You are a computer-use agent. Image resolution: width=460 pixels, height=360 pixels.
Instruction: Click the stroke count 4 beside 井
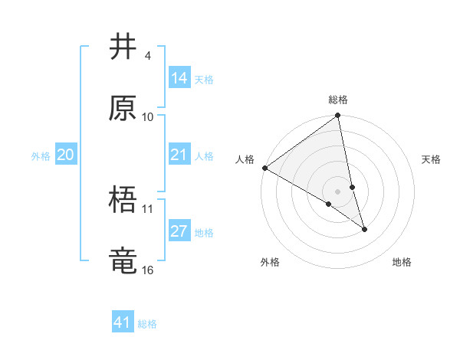[147, 56]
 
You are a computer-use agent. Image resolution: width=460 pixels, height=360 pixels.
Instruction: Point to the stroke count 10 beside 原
[148, 116]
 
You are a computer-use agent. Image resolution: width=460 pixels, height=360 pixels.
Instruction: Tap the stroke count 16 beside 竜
[148, 270]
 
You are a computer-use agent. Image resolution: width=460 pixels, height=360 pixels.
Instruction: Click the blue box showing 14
[179, 78]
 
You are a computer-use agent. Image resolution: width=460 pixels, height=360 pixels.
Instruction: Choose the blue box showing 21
[179, 155]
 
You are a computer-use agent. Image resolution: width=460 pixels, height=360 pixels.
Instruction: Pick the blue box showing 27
[179, 231]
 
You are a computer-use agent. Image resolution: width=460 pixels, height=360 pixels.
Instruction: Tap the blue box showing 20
[66, 155]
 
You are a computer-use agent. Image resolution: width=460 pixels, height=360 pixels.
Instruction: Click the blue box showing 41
[123, 322]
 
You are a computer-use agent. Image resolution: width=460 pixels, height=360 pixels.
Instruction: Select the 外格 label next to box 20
[41, 156]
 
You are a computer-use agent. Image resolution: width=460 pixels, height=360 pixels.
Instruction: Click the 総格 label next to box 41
[147, 324]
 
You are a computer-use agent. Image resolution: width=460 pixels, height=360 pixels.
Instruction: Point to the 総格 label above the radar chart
[338, 100]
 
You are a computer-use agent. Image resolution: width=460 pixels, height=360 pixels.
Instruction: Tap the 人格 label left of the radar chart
[245, 159]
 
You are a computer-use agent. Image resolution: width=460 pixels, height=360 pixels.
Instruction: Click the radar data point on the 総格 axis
[338, 116]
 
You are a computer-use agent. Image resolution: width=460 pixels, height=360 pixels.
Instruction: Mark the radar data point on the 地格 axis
[364, 229]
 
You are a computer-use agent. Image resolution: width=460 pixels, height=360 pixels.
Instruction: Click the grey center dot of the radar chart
[338, 191]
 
